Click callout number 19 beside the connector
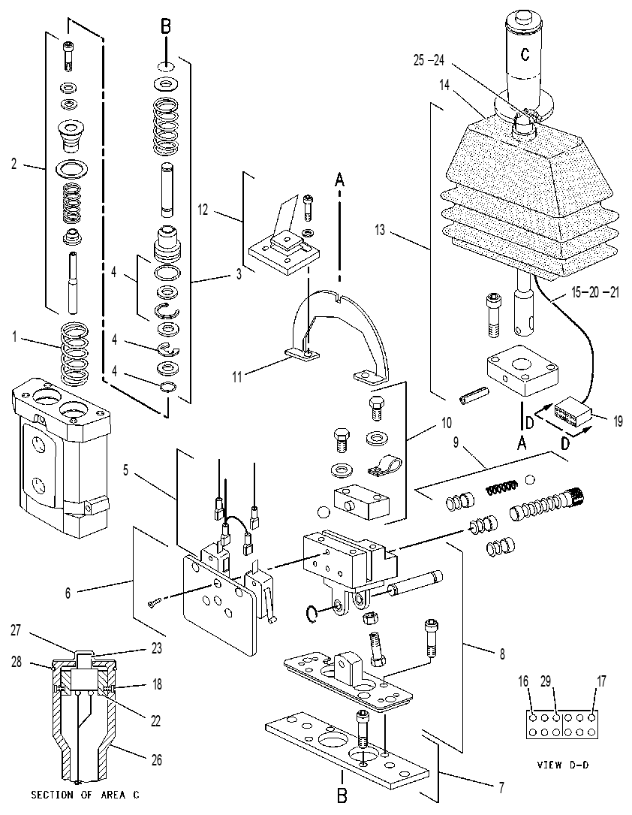point(618,421)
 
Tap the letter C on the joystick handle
point(525,53)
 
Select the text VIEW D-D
point(563,765)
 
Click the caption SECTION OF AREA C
point(85,795)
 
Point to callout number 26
point(156,760)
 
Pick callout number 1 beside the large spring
point(14,337)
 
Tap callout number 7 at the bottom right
point(501,788)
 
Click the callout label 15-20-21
point(595,293)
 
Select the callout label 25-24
point(429,60)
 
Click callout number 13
point(380,229)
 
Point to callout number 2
point(14,164)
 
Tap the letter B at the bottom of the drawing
point(342,795)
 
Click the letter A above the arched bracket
point(339,180)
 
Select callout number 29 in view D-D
point(545,681)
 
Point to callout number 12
point(203,210)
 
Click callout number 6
point(68,593)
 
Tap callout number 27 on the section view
point(16,630)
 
